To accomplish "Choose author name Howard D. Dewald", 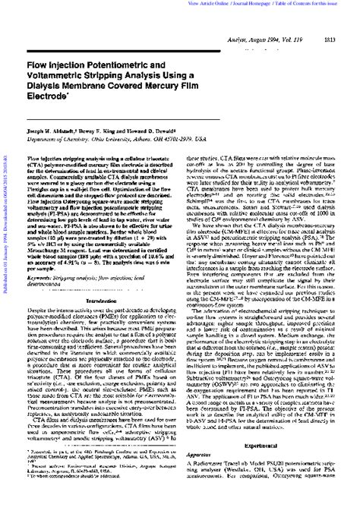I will [x=152, y=131].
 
